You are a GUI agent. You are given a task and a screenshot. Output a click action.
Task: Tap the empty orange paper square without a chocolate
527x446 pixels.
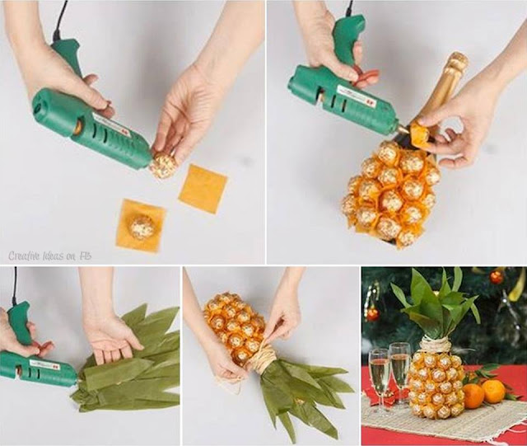coord(203,188)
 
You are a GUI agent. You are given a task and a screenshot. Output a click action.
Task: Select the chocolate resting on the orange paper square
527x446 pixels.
coord(142,227)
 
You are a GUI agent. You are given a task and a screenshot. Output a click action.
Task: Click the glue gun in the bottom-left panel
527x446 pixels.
coord(37,364)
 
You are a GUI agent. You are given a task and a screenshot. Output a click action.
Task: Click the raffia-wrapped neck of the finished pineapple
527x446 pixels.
coord(436,345)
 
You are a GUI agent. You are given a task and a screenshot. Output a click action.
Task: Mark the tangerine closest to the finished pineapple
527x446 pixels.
coord(473,396)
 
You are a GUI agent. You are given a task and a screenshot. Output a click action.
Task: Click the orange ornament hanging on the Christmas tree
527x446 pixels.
coord(496,277)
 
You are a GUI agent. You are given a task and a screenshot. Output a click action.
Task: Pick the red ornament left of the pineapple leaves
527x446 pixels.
coord(372,314)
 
